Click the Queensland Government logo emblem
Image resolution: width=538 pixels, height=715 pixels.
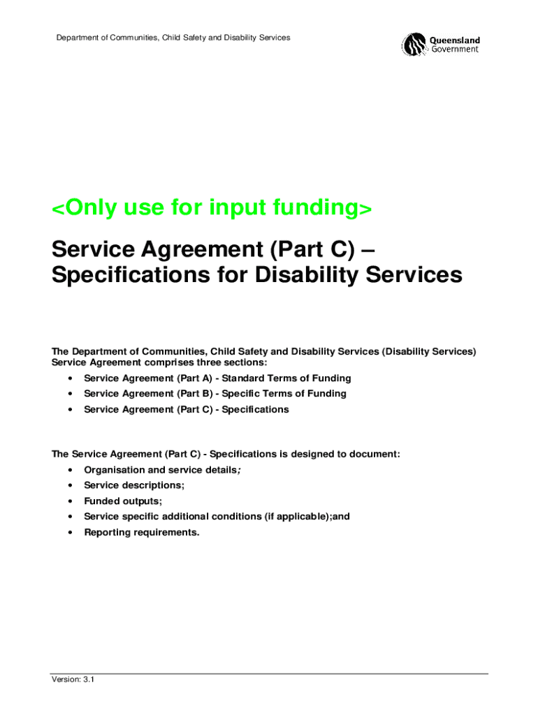point(414,45)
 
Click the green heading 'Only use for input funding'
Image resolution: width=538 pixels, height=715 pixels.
point(212,208)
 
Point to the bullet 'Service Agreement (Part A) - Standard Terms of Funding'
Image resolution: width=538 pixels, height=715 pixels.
point(217,378)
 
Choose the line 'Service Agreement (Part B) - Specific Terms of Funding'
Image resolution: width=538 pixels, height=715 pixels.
point(215,394)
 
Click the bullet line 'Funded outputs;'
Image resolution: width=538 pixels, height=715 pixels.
point(123,501)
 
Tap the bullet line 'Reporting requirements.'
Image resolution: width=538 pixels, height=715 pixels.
point(142,533)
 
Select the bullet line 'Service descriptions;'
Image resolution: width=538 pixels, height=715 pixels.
point(134,485)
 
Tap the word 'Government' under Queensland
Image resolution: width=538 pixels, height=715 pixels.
point(454,50)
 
